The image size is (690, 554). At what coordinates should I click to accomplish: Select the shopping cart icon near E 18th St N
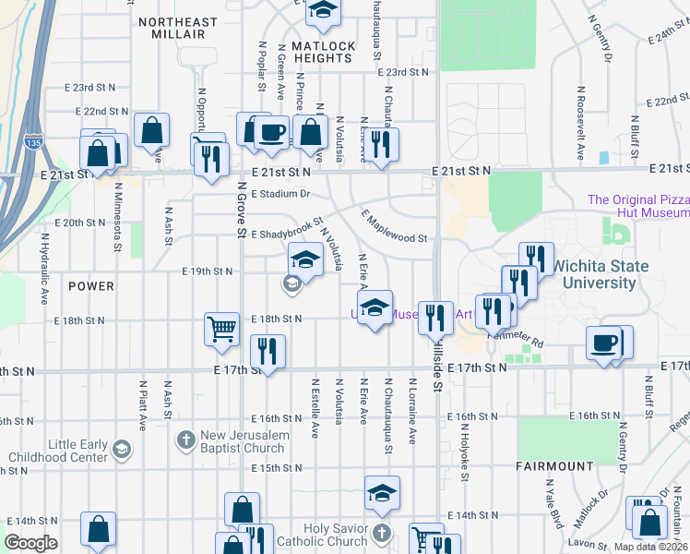click(222, 329)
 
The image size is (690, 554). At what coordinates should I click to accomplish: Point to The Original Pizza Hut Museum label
click(637, 206)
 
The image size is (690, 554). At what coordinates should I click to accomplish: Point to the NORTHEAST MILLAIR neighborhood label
click(178, 28)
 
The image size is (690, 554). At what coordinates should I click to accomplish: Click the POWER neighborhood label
click(91, 286)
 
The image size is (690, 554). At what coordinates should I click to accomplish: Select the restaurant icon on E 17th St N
click(268, 354)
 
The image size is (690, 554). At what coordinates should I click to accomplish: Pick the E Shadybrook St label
click(285, 229)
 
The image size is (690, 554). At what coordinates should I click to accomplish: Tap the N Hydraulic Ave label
click(43, 268)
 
